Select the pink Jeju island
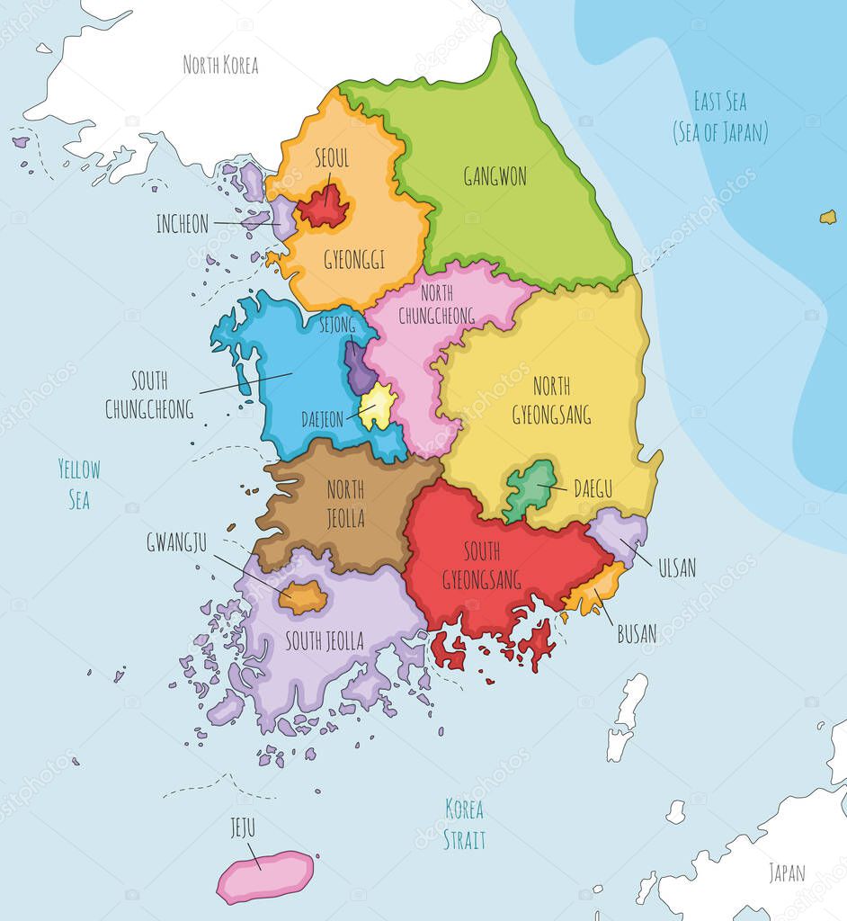pos(265,877)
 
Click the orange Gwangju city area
pos(303,597)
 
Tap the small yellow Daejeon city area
pos(379,406)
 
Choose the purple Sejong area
pos(361,369)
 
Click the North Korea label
pos(220,65)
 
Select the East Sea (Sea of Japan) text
pos(720,117)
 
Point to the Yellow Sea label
pos(79,484)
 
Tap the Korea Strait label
pos(465,824)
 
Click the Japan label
pos(787,872)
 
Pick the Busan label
pos(636,633)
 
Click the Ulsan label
pos(676,568)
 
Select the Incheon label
pos(182,224)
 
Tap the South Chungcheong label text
pos(149,395)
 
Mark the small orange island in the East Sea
pos(827,217)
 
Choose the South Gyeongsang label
pos(482,565)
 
